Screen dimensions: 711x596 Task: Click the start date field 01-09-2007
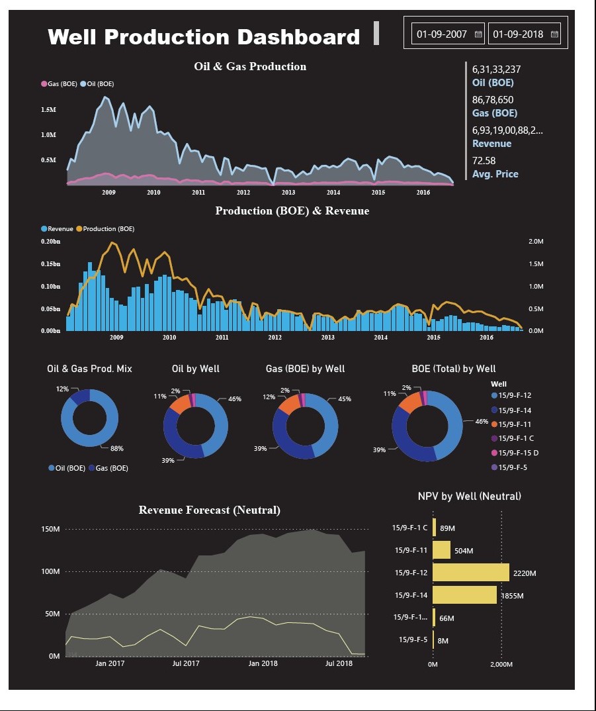(x=442, y=34)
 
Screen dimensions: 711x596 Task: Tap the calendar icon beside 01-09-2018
(x=554, y=34)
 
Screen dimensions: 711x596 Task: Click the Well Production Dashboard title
(x=204, y=36)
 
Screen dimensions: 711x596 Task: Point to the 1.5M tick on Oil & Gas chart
(x=48, y=109)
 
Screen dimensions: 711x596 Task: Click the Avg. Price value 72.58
(x=484, y=160)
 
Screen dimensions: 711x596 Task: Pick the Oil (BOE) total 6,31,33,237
(x=496, y=69)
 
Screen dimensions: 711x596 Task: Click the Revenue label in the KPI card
(x=491, y=144)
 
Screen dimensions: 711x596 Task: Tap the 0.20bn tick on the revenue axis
(x=50, y=242)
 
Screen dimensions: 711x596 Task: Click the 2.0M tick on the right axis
(x=536, y=242)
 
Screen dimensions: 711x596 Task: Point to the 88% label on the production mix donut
(x=117, y=448)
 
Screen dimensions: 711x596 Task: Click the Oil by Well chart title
(x=195, y=369)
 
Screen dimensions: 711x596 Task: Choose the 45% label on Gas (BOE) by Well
(x=343, y=399)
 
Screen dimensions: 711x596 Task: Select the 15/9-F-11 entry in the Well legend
(x=514, y=424)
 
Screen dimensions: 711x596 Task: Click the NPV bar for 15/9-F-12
(x=470, y=572)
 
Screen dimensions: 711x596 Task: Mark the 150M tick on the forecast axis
(x=51, y=530)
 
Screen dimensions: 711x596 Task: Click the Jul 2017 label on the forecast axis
(x=186, y=663)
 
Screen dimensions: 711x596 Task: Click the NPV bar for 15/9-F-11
(x=441, y=550)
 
